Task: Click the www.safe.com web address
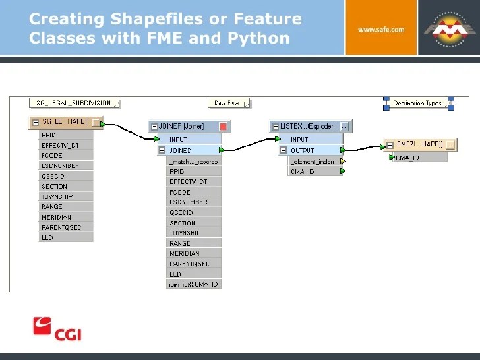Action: (380, 30)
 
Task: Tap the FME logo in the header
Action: (448, 30)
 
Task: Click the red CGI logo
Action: (57, 328)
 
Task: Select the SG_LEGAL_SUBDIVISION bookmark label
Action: (73, 103)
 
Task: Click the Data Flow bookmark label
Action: (227, 103)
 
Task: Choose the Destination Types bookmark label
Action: (417, 104)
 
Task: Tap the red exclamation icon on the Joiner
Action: (223, 126)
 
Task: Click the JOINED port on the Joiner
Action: (181, 150)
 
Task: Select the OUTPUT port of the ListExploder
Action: (303, 150)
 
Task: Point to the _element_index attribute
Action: (313, 161)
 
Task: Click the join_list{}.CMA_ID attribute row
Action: (193, 284)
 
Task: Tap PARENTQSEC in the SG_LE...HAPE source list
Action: (61, 227)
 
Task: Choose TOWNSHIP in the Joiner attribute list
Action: (185, 233)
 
